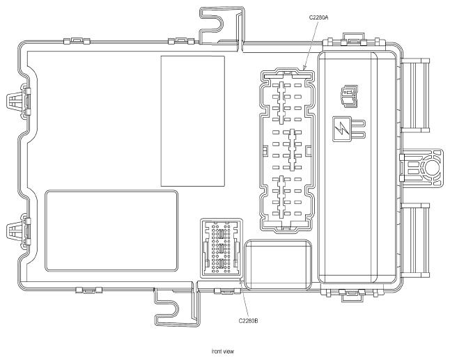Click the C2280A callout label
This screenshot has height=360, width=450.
click(318, 17)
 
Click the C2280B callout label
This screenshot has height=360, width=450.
click(248, 321)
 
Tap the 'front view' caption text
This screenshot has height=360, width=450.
click(223, 352)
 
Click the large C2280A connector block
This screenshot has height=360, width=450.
click(287, 150)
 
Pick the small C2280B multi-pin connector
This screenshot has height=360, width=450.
click(222, 248)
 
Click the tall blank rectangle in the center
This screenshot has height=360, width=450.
click(192, 121)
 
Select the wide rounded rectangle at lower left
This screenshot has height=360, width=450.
click(111, 230)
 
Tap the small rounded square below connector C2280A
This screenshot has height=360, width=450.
click(278, 265)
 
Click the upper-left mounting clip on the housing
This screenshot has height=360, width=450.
click(18, 101)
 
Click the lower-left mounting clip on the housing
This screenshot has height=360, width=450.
click(18, 230)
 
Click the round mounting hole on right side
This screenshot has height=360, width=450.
click(433, 168)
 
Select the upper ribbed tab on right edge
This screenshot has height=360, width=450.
click(415, 95)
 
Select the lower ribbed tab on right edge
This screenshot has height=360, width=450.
click(415, 240)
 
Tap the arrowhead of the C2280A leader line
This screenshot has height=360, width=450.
click(304, 69)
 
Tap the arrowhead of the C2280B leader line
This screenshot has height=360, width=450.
click(240, 282)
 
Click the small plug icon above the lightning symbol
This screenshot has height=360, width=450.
click(349, 96)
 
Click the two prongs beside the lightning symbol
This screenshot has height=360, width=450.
click(359, 129)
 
